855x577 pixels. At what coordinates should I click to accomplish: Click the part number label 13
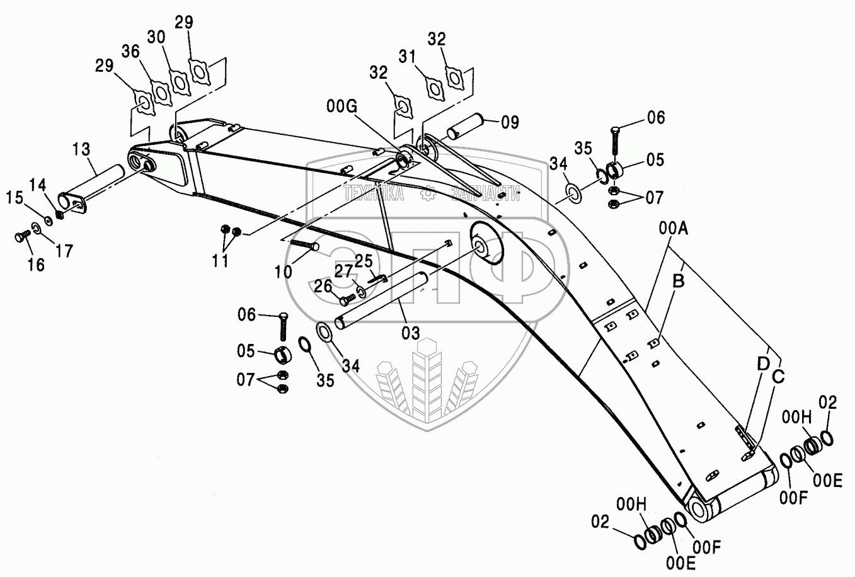point(81,150)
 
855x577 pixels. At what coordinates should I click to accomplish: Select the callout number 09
point(510,122)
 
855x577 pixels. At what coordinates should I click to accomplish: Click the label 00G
point(343,106)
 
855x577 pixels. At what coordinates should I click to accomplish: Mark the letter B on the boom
point(677,282)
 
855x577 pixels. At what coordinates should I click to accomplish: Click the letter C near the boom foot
point(779,376)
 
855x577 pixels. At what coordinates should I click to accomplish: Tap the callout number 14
point(37,185)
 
